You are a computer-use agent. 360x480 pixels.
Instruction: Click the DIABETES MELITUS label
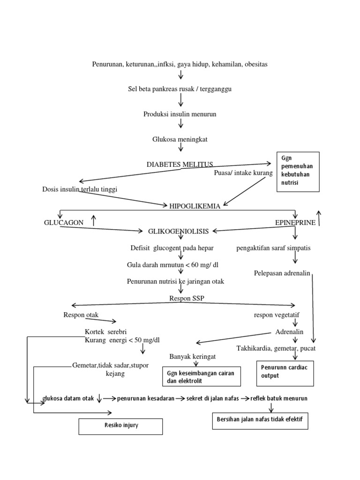pos(180,164)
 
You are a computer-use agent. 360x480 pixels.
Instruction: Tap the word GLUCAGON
pos(64,223)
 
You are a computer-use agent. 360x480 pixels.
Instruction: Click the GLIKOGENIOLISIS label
pos(179,231)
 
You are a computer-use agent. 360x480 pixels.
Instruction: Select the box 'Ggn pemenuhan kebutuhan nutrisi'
pos(298,172)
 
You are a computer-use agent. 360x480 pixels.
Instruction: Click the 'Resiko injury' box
pos(121,426)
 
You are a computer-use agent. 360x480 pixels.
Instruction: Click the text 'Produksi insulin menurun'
pos(180,114)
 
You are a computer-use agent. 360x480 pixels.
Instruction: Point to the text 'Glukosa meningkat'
pos(180,139)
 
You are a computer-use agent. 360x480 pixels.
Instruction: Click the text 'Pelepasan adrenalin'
pos(282,273)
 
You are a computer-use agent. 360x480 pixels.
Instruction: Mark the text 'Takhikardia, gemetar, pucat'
pos(276,348)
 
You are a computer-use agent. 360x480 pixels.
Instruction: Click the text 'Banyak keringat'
pos(193,357)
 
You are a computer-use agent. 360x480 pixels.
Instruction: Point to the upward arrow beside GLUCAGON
pos(94,219)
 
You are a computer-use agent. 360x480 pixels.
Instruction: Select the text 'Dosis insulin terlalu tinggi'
pos(80,189)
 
